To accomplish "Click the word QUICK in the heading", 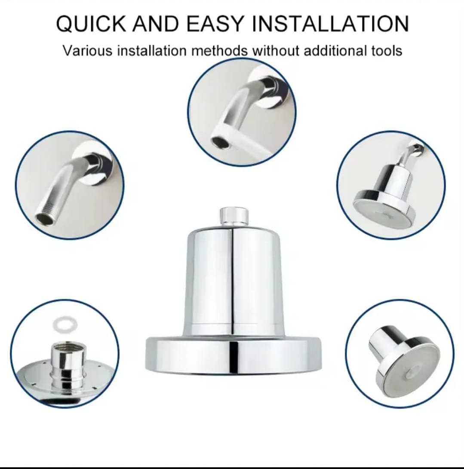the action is [91, 24].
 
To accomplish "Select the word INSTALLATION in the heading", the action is [331, 24].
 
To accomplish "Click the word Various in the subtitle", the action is [88, 51].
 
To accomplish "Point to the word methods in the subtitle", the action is [219, 51].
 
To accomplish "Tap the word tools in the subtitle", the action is [387, 51].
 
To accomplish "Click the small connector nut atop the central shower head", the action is [234, 216].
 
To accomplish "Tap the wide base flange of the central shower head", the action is [233, 356].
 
